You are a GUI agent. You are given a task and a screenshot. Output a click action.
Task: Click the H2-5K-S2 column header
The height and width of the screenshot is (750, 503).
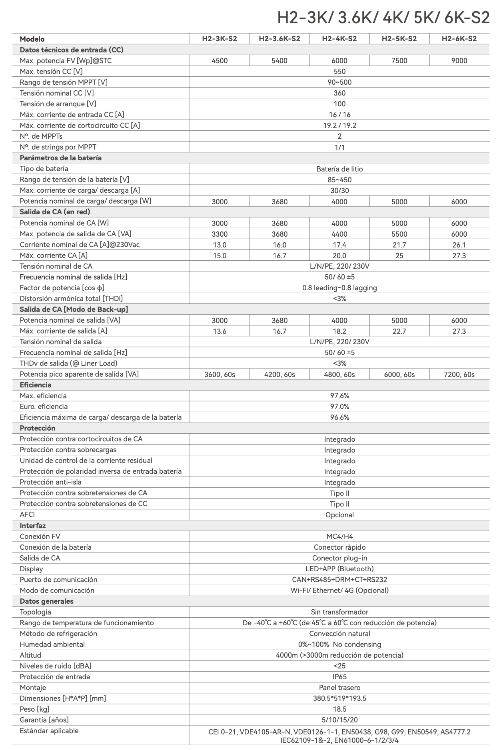pos(399,39)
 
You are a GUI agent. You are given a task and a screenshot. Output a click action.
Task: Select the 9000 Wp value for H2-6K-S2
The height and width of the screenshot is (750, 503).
pos(459,61)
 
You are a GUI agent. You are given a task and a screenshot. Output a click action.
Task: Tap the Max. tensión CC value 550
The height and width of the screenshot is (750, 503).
pos(339,72)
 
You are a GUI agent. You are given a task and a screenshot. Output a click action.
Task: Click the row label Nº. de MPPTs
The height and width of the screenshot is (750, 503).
pos(41,136)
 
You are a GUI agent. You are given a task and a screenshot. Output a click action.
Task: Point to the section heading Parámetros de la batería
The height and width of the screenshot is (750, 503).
pos(60,158)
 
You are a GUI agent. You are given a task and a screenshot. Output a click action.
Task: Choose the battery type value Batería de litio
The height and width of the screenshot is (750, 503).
pos(339,169)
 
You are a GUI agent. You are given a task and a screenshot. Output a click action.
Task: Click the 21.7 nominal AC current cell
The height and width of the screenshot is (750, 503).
pos(399,245)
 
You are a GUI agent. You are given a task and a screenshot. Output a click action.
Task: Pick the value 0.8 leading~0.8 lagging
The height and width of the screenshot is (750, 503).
pos(339,288)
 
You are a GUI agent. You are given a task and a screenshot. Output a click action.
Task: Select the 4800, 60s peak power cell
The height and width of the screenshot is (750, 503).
pos(339,375)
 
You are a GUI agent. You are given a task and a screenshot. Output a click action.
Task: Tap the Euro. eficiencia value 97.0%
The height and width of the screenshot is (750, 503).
pos(339,407)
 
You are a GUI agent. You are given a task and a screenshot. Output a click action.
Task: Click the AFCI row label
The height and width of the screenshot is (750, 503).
pos(28,515)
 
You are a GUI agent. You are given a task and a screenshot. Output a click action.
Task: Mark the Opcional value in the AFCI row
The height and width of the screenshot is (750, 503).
pos(339,515)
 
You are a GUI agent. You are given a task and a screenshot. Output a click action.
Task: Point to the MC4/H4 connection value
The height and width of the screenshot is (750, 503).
pos(339,537)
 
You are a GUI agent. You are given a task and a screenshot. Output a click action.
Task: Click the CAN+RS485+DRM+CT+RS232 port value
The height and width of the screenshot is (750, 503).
pos(339,580)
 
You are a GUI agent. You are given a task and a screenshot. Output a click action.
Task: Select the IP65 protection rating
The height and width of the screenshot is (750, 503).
pos(339,677)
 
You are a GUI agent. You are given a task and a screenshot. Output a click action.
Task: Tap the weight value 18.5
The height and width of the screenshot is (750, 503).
pos(339,709)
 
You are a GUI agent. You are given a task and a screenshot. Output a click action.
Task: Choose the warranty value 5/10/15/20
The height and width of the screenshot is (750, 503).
pos(339,720)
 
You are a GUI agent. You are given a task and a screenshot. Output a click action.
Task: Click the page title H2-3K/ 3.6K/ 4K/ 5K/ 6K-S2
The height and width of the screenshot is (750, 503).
pos(383,18)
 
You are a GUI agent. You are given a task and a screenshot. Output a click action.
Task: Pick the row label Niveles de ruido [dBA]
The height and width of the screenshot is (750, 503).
pos(56,666)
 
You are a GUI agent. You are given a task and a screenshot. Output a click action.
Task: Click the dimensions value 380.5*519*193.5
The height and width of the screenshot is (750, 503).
pos(339,698)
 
